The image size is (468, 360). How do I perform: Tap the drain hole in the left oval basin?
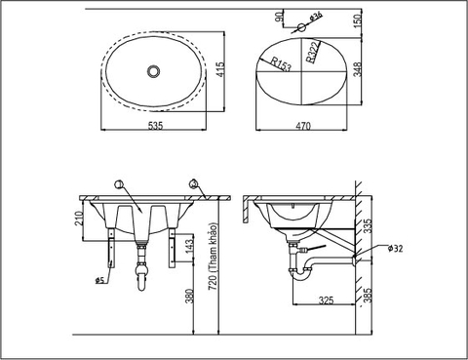[153, 71]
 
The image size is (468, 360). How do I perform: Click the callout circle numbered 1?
[119, 184]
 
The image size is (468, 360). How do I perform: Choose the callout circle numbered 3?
[194, 184]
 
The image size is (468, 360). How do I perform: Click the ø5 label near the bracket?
[100, 281]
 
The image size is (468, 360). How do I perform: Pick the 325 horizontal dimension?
[327, 301]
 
